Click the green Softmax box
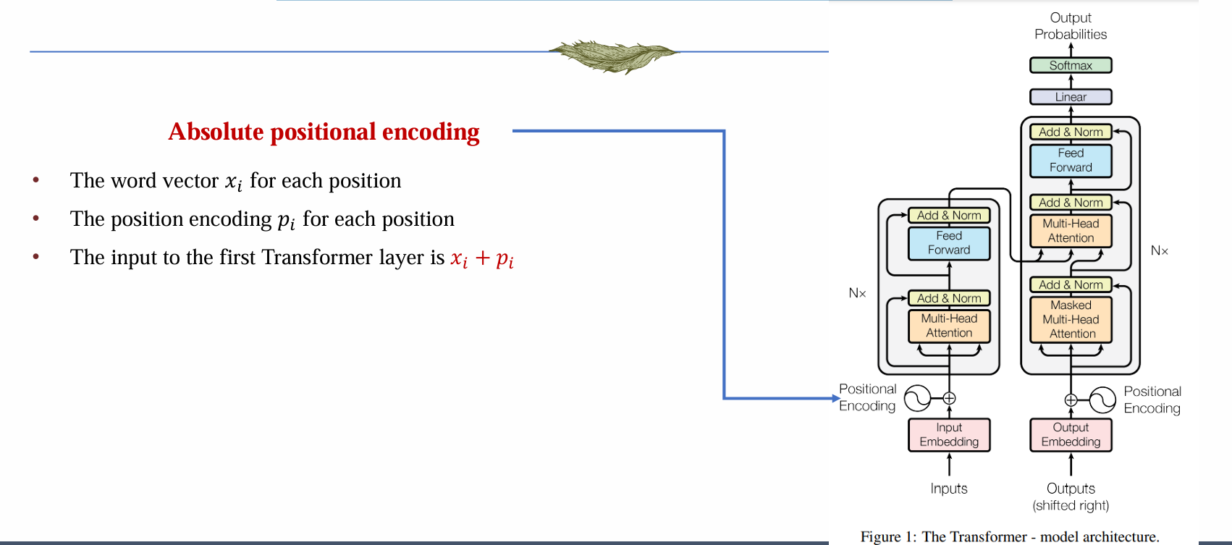1071,65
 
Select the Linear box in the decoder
1071,97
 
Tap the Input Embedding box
949,434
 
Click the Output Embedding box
1071,434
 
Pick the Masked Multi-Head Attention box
1071,319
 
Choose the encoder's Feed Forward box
949,243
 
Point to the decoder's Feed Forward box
1071,160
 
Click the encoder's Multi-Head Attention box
949,326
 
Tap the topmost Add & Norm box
1071,132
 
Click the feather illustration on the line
615,56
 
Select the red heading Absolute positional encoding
324,132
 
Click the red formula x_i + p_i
482,258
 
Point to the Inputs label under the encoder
949,489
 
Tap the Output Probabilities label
1071,26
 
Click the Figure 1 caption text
1010,536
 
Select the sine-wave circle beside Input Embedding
918,398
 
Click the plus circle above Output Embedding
1071,400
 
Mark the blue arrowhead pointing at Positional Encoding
836,398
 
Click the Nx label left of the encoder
857,293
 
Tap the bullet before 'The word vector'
35,179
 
